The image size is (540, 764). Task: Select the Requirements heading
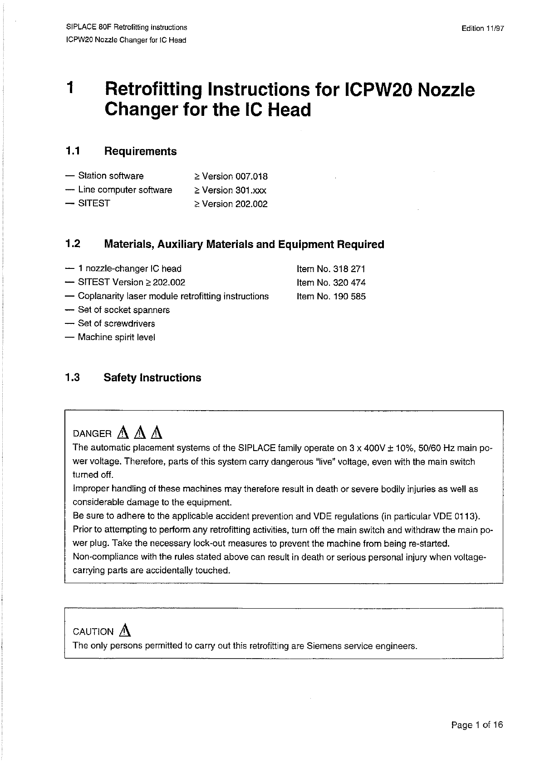point(140,152)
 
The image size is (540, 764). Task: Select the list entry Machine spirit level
point(117,337)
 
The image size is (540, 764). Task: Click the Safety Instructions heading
point(152,378)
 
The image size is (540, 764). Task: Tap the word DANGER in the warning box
point(92,434)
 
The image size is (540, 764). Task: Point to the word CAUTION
point(93,632)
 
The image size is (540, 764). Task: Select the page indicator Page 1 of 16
point(477,725)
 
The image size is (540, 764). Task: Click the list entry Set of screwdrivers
point(117,324)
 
